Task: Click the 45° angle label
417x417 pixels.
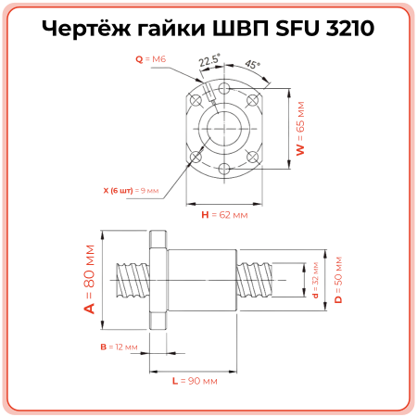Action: [x=252, y=66]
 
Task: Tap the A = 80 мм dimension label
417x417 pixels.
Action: [x=90, y=280]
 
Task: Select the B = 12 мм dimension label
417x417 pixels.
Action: [x=119, y=347]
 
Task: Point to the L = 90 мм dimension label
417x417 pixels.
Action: [x=195, y=380]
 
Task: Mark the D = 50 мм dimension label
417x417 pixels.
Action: [x=338, y=279]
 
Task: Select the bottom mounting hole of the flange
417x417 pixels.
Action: [x=225, y=169]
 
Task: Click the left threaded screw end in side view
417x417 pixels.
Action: [x=130, y=280]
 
